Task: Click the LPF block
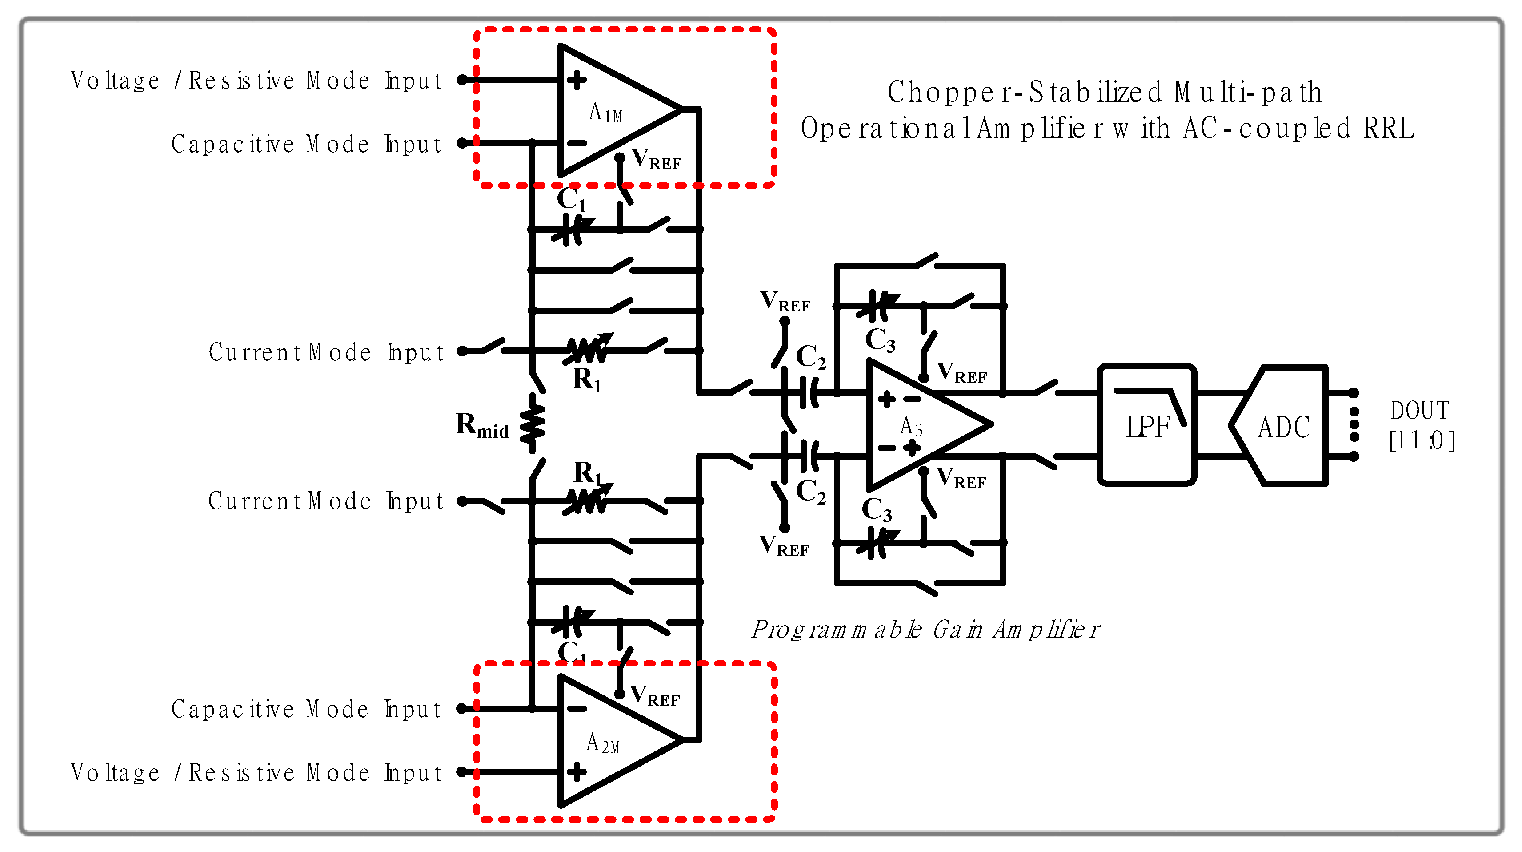(1147, 424)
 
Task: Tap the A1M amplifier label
(605, 112)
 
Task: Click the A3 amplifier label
(910, 425)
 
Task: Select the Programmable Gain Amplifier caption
(925, 629)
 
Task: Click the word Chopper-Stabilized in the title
(1025, 92)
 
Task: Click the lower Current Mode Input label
(325, 501)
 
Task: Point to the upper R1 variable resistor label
(586, 379)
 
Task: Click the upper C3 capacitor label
(880, 340)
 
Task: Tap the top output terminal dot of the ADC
(1354, 392)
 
